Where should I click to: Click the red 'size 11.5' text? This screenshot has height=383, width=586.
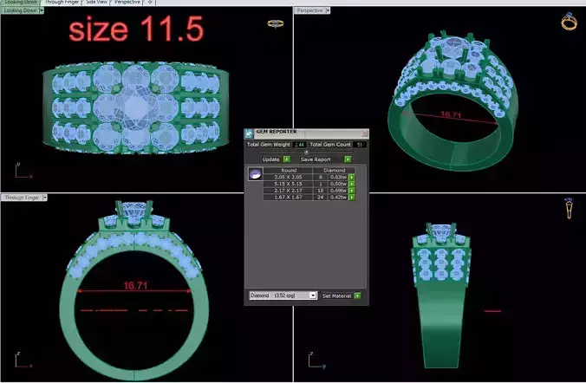pos(136,31)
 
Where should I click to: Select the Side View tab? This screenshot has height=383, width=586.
pos(96,3)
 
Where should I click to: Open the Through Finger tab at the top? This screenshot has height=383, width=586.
pos(61,3)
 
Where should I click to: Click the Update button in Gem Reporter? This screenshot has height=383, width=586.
pos(271,159)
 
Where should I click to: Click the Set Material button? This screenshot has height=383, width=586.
pos(338,295)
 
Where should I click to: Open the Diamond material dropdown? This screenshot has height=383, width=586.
pos(283,295)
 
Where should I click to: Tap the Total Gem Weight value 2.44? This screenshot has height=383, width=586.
pos(300,144)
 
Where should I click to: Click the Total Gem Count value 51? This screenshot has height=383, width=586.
pos(360,144)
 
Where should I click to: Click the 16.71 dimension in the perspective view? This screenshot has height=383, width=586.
pos(451,114)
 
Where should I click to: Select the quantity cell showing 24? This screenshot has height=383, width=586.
pos(320,198)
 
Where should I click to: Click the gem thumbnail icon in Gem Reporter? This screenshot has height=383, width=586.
pos(256,174)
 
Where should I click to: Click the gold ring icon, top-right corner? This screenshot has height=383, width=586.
pos(570,21)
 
